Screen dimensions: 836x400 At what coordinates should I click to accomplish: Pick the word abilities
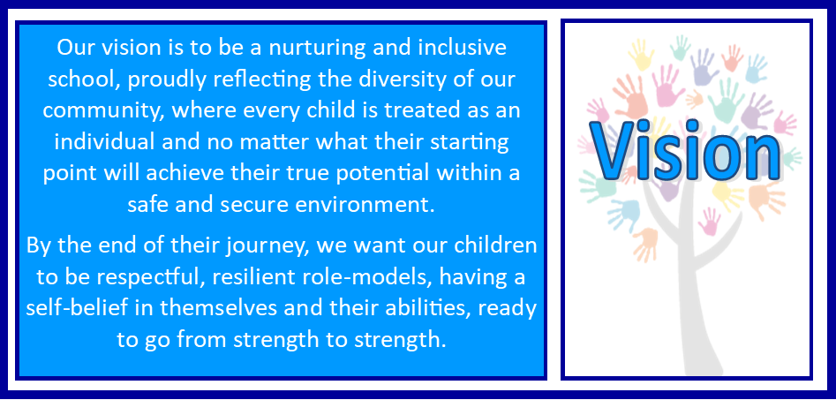[x=418, y=309]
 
